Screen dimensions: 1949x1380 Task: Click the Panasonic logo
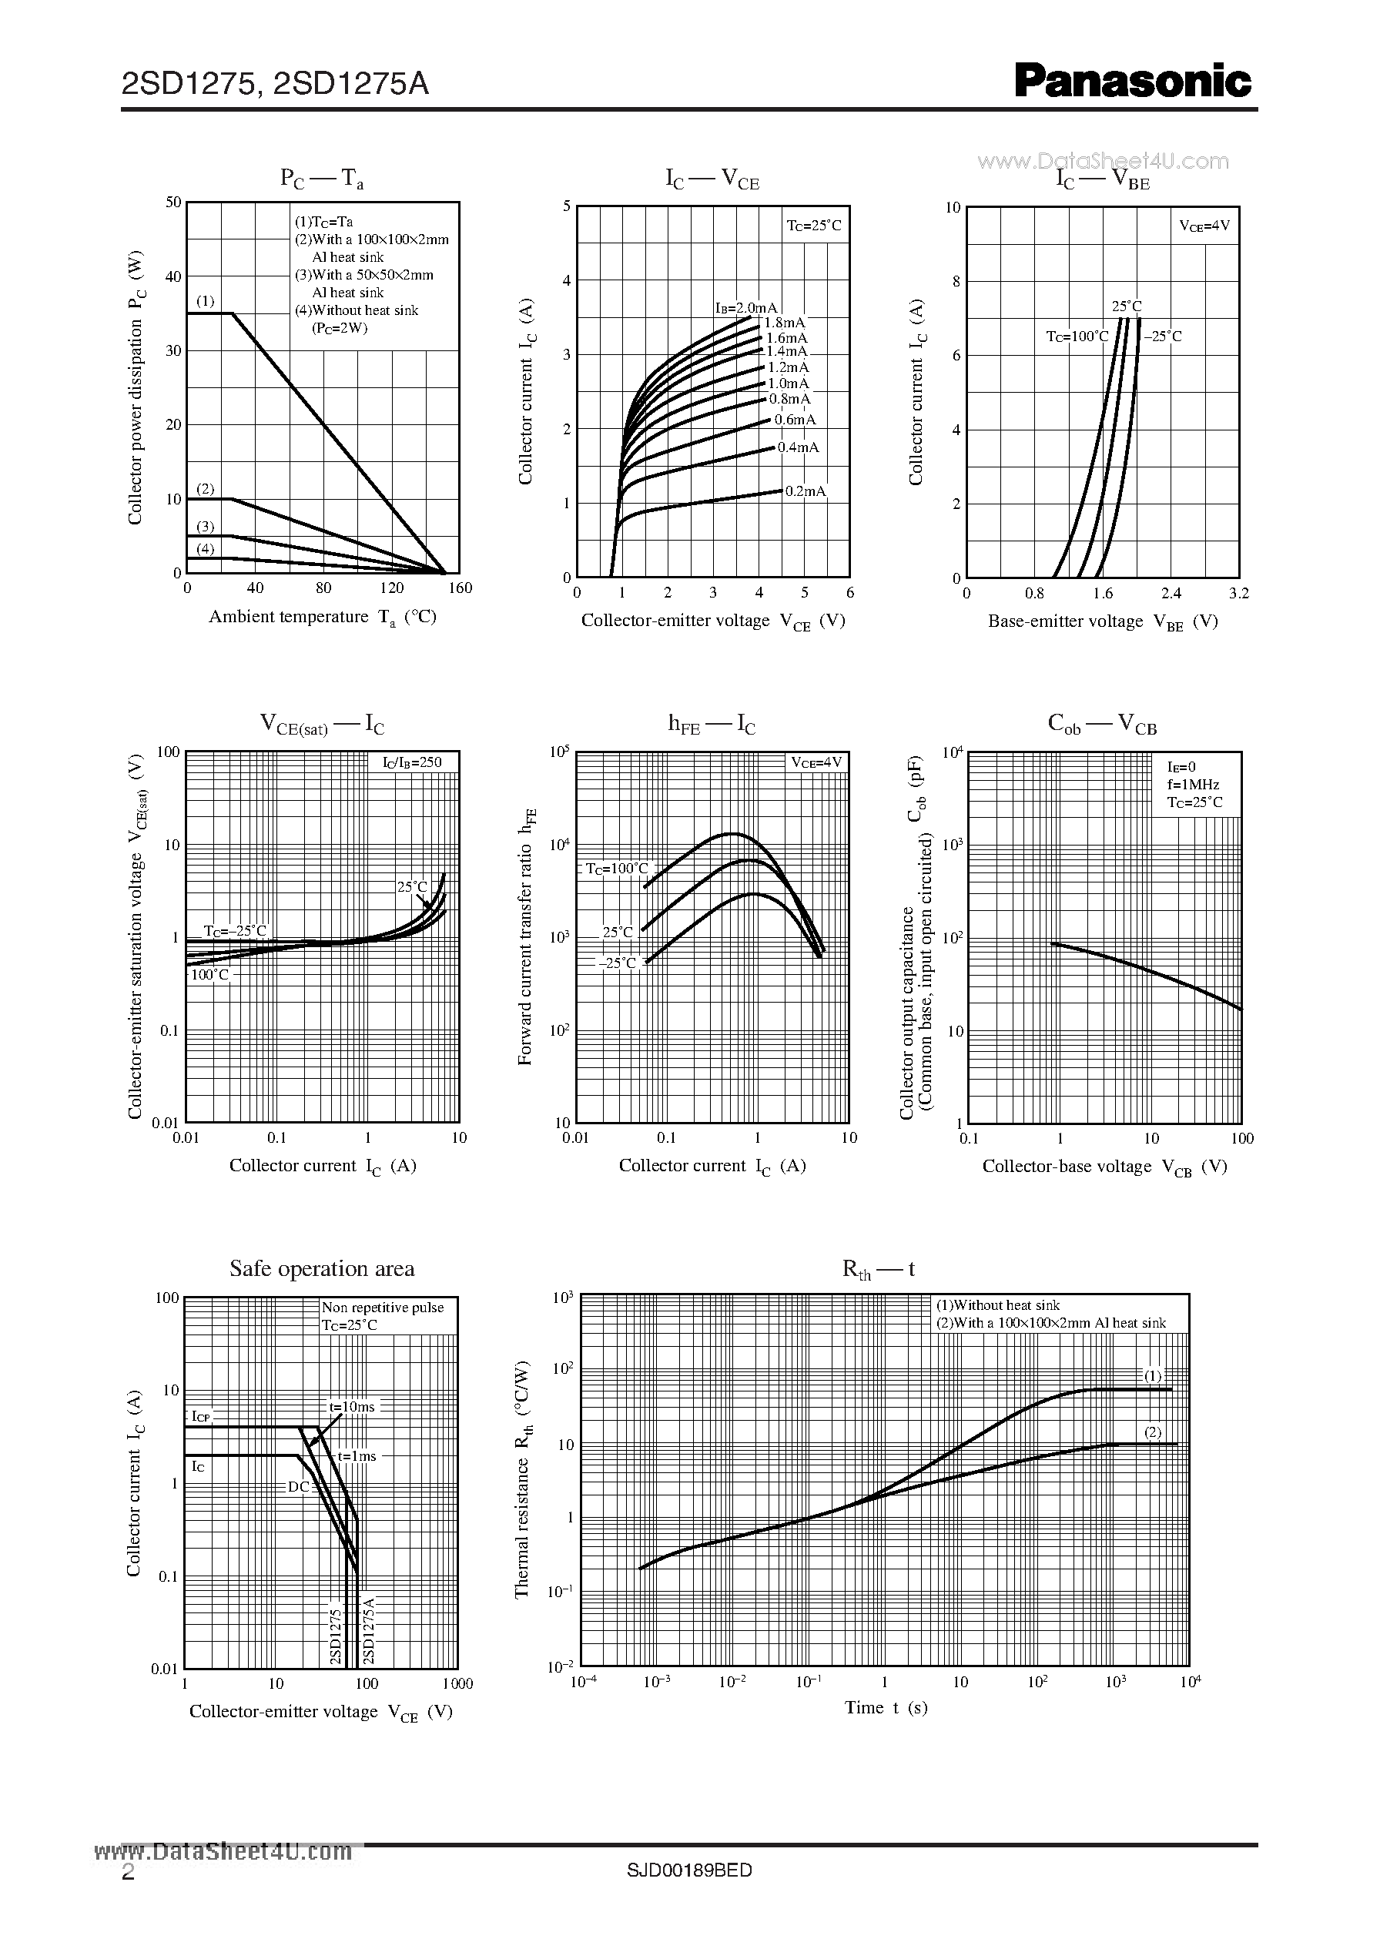coord(1132,82)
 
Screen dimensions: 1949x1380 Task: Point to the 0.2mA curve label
coord(805,491)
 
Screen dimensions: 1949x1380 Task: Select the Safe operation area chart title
coord(322,1268)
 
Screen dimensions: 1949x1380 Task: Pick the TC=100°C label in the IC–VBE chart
coord(1077,337)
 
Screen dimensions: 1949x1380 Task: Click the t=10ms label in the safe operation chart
coord(352,1406)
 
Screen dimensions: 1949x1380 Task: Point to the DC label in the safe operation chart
coord(298,1486)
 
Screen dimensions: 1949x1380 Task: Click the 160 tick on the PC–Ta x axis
coord(460,588)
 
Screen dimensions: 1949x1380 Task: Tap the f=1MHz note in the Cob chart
coord(1193,784)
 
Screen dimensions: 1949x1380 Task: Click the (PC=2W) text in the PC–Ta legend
coord(339,328)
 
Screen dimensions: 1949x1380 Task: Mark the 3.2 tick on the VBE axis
coord(1239,593)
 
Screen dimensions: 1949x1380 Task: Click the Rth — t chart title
coord(878,1269)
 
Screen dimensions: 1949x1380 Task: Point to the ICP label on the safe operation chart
coord(200,1416)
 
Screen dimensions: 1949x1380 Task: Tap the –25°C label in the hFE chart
coord(617,963)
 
